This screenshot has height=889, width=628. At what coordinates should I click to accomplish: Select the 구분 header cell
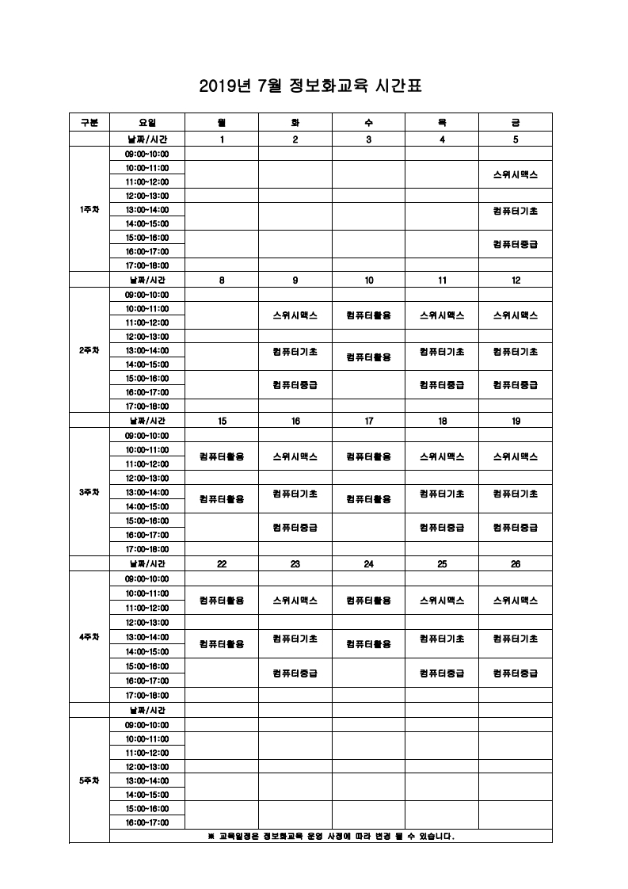point(89,122)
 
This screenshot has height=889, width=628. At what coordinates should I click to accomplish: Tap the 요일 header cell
point(147,122)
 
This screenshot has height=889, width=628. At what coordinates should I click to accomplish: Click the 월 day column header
point(222,122)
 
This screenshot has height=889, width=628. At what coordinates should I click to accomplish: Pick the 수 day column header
point(368,122)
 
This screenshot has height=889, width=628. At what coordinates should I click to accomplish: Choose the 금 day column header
point(516,122)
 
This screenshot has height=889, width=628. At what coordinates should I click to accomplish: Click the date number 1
point(222,139)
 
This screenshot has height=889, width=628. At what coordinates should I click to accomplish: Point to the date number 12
point(516,280)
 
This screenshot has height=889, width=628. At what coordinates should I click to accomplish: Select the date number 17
point(368,422)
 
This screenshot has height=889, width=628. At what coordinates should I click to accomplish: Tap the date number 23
point(295,564)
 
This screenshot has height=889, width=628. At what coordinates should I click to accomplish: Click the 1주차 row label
point(89,210)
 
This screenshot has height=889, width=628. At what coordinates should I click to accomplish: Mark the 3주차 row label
point(89,492)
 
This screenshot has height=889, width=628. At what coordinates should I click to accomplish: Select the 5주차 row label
point(89,780)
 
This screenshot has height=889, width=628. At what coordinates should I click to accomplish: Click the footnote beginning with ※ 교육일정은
point(330,836)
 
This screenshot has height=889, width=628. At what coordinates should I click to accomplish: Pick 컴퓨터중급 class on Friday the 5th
point(516,244)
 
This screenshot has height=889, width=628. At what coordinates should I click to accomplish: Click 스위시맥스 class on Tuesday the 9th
point(295,315)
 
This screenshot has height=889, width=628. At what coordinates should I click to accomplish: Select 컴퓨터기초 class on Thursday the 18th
point(442,494)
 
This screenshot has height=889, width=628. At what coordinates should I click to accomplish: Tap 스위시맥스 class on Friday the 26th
point(516,601)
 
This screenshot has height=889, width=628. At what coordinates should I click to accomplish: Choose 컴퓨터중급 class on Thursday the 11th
point(442,385)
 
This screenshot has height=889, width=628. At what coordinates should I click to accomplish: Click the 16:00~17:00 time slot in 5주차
point(147,822)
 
